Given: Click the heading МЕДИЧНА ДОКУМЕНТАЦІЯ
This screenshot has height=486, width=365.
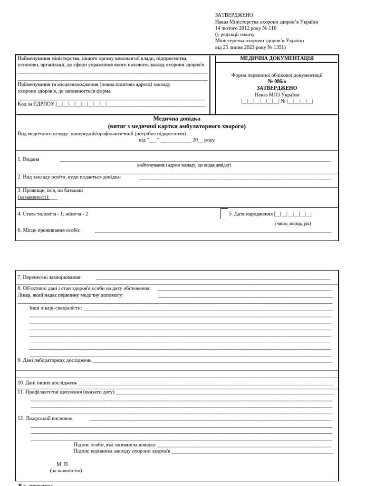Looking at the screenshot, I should (277, 58).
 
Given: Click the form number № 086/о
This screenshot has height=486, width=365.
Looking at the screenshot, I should (277, 81).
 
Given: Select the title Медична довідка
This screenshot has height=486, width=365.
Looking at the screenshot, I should (177, 119).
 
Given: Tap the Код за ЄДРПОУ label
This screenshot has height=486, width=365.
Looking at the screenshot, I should (36, 103).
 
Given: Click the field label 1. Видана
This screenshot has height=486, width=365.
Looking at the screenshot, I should (29, 159).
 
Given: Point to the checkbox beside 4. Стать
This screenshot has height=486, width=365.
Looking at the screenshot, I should (224, 214).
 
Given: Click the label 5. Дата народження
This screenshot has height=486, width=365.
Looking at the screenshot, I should (251, 214).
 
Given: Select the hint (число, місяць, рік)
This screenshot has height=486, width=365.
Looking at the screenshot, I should (293, 224).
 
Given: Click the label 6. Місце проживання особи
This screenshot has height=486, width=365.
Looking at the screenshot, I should (49, 230).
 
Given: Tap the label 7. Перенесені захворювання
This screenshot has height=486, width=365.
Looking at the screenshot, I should (49, 277).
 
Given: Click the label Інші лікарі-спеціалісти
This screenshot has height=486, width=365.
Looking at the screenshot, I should (56, 308).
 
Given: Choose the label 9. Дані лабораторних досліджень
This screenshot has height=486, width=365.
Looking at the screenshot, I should (54, 360).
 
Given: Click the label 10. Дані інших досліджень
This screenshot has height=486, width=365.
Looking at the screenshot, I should (47, 383).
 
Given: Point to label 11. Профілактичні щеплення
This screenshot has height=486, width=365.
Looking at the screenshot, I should (66, 392).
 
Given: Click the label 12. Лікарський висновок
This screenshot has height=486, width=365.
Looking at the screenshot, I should (45, 419).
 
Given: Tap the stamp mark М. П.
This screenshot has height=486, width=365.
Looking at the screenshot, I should (63, 464).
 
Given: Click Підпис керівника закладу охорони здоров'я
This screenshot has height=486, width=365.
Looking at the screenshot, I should (122, 451).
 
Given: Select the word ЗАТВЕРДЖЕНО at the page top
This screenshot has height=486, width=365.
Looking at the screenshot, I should (234, 15).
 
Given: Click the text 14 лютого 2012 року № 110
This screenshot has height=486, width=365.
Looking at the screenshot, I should (245, 28).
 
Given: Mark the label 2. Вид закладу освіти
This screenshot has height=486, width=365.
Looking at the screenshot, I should (69, 177).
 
